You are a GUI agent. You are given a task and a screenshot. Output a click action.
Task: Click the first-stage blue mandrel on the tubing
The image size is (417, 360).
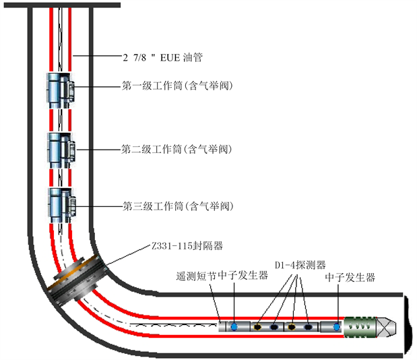click(60, 89)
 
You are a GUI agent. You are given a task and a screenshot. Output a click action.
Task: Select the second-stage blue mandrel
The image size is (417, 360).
click(60, 150)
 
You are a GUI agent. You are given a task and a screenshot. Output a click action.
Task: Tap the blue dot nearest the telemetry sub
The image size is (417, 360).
click(234, 327)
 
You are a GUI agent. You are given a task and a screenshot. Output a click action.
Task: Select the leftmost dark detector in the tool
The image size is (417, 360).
click(257, 327)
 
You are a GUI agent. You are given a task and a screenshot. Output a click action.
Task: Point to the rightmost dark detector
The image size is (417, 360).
click(309, 327)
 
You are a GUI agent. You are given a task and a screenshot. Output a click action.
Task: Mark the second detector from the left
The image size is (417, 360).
click(275, 327)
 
